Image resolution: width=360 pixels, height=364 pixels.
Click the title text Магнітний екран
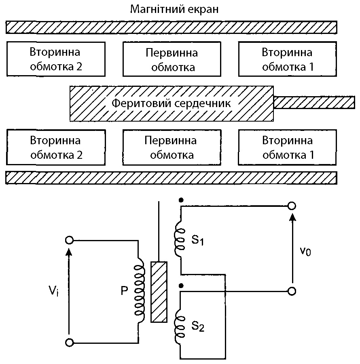174,10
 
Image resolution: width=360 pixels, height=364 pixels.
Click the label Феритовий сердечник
171,103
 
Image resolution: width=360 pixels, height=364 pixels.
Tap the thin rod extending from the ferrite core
314,102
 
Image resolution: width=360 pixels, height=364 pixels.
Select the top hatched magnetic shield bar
171,27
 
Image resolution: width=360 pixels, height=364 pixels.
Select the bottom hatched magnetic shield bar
171,178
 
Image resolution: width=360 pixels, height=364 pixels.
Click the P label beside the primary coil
124,290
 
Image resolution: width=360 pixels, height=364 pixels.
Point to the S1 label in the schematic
197,240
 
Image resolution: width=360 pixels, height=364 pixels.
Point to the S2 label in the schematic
198,326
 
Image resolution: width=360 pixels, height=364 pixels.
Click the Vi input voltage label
53,290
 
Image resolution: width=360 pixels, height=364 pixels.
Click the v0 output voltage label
305,251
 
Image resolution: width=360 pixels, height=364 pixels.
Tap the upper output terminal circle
292,206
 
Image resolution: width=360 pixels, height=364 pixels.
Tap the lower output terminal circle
292,291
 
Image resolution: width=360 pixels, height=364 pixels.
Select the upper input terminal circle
69,240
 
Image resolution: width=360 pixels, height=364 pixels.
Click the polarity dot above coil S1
181,200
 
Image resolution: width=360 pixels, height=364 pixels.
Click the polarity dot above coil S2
181,286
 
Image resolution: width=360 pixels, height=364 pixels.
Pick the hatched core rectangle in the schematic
159,292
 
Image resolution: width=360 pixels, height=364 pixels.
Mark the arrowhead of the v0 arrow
293,217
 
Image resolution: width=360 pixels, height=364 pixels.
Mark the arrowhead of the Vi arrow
69,252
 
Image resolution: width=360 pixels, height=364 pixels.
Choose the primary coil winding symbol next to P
140,290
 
